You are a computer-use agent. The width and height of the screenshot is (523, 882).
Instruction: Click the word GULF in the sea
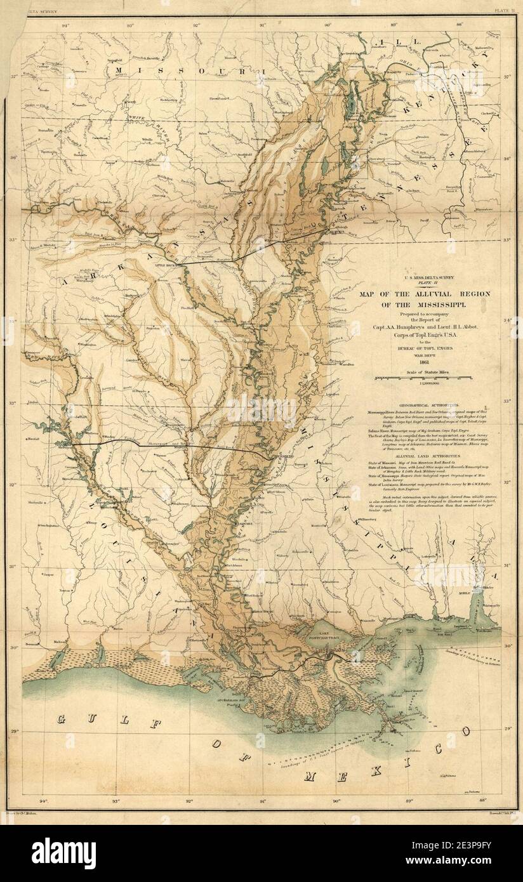point(81,719)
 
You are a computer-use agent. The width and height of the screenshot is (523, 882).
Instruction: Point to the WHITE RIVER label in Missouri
point(140,118)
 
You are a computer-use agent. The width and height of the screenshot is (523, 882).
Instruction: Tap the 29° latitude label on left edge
point(14,732)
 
